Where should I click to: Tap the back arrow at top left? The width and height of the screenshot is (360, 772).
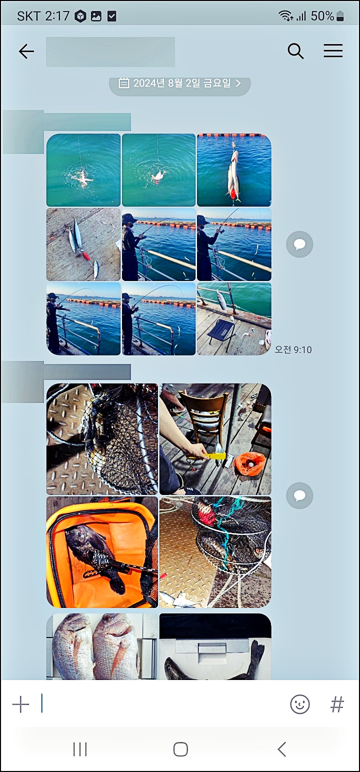26,51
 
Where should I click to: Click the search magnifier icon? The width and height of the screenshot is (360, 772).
295,51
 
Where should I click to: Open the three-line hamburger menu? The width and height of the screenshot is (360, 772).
333,50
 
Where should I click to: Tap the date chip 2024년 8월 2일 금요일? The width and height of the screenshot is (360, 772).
180,83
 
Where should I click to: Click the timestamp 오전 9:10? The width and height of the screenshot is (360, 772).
293,349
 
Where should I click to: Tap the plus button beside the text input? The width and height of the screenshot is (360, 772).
20,704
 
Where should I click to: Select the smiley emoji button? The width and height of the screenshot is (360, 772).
299,704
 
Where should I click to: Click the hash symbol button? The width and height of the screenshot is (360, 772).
337,704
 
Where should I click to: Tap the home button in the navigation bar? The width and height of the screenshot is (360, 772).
180,749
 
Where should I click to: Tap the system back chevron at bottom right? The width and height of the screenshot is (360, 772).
282,749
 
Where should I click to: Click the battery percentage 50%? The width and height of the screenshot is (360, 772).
322,16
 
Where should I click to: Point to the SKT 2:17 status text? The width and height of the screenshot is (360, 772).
43,16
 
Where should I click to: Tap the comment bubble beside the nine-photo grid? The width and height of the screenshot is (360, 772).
299,244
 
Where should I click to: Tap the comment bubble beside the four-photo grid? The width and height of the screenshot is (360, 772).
299,495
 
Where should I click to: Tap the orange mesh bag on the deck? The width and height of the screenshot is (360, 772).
250,464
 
